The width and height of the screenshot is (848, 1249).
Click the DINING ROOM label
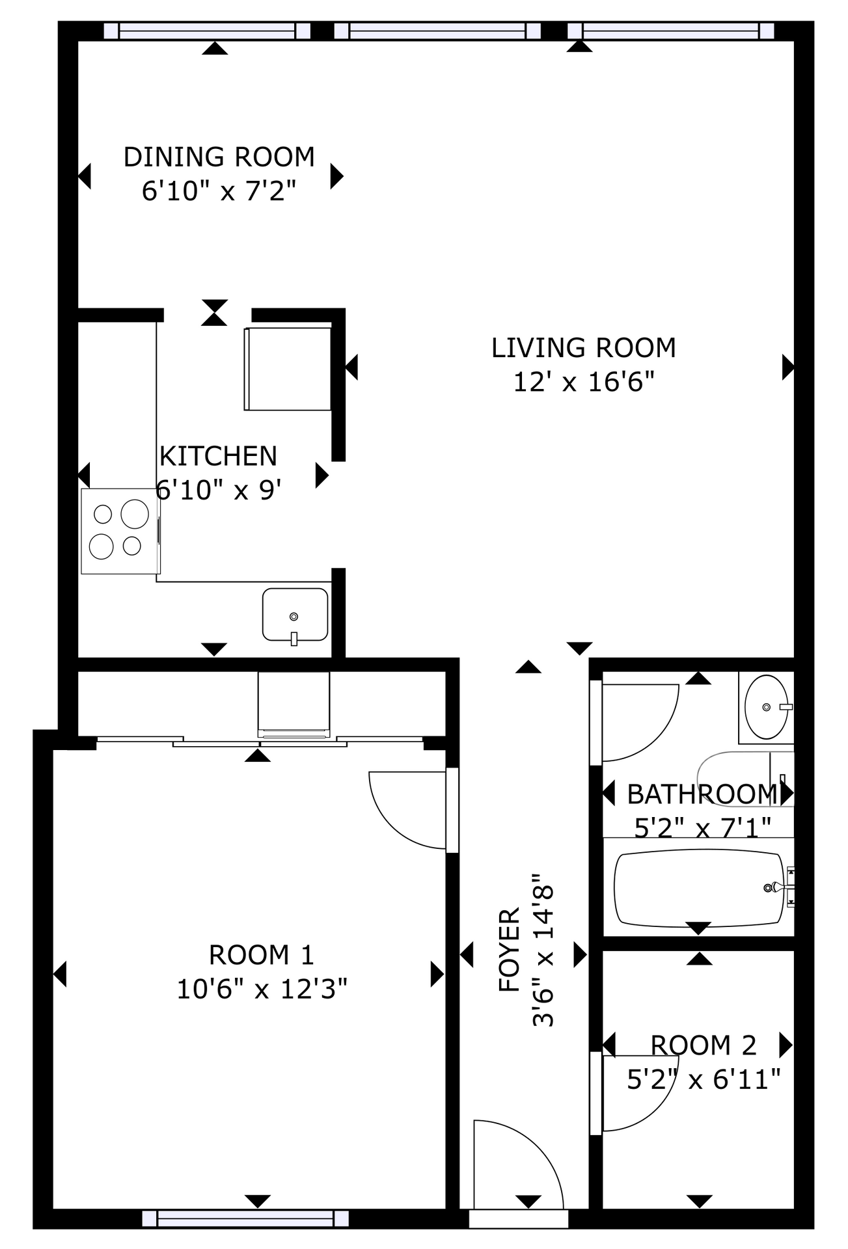219,157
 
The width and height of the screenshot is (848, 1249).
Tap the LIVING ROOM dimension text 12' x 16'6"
583,381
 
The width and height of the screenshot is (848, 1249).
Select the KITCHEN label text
218,456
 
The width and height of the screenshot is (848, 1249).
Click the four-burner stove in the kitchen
120,531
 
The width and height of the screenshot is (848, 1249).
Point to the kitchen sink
295,615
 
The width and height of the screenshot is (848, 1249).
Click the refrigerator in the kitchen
288,369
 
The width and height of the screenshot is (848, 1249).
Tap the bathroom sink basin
767,706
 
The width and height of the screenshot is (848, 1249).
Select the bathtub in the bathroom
700,887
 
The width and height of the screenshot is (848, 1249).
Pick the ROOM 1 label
261,955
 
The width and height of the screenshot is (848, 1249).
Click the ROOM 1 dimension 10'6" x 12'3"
262,989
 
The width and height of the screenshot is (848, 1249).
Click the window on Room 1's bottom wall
245,1218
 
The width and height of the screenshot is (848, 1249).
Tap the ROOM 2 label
704,1045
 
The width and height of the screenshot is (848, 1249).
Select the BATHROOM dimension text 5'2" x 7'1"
703,827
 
